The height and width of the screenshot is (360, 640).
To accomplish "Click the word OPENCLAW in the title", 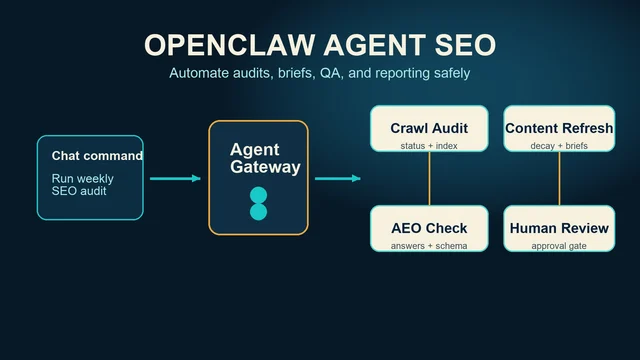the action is pyautogui.click(x=230, y=44).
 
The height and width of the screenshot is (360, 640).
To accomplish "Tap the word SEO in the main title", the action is pyautogui.click(x=465, y=44).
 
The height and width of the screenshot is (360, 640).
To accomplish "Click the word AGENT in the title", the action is pyautogui.click(x=375, y=44).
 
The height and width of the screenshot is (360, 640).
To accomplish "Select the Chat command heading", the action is pyautogui.click(x=97, y=156).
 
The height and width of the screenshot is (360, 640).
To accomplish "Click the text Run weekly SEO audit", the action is pyautogui.click(x=82, y=184).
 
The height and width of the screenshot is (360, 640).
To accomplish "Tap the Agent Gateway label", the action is pyautogui.click(x=265, y=158).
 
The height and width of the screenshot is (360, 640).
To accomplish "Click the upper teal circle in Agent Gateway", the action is pyautogui.click(x=258, y=195).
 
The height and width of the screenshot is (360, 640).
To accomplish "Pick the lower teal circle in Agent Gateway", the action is pyautogui.click(x=258, y=212).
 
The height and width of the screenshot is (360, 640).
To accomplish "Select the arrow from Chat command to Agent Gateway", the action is pyautogui.click(x=175, y=178).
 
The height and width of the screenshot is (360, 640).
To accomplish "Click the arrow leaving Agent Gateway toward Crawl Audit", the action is pyautogui.click(x=338, y=178).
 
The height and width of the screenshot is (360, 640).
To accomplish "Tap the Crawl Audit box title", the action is pyautogui.click(x=429, y=128).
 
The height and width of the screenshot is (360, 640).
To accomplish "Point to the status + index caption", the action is pyautogui.click(x=429, y=146).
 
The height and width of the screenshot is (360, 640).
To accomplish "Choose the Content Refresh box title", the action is pyautogui.click(x=559, y=128).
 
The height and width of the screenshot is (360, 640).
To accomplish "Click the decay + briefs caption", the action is pyautogui.click(x=559, y=146).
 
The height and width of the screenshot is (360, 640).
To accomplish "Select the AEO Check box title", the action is pyautogui.click(x=429, y=228).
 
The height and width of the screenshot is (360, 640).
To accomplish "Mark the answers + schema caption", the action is pyautogui.click(x=429, y=246).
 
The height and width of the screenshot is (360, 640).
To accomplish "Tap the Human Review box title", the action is pyautogui.click(x=559, y=228).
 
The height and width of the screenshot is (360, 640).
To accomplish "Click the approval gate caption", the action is pyautogui.click(x=559, y=246).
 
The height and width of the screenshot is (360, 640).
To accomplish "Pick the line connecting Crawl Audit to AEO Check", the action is pyautogui.click(x=429, y=178).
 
